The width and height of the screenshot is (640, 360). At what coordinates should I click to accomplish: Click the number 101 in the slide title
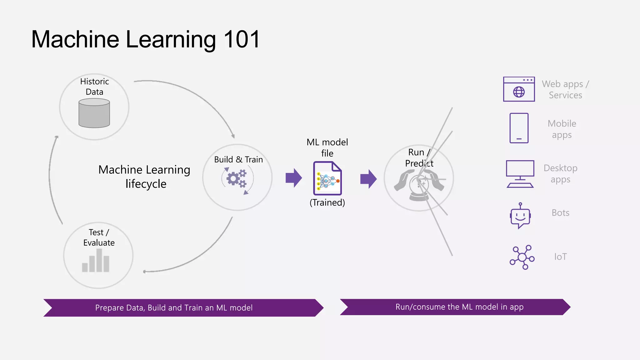tap(242, 39)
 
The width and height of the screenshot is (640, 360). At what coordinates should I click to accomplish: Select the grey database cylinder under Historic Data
tap(94, 113)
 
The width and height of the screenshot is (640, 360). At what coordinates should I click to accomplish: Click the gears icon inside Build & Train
tap(237, 179)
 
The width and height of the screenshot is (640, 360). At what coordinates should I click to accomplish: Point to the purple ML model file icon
tap(327, 178)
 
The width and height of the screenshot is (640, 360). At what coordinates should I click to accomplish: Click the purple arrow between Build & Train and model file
tap(293, 178)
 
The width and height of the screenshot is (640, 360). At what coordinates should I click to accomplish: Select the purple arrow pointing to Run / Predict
tap(368, 179)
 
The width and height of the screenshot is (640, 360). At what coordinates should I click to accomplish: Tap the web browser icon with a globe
tap(519, 89)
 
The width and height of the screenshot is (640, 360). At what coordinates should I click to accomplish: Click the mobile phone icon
tap(519, 128)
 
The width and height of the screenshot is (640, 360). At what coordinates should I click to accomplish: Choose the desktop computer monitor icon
tap(520, 174)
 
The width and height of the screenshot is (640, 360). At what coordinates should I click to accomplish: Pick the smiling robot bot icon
tap(520, 216)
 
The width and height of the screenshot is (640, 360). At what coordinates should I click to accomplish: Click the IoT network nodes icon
tap(522, 257)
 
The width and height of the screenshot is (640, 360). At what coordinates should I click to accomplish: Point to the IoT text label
tap(560, 257)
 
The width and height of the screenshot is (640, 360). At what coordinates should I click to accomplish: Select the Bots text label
tap(560, 213)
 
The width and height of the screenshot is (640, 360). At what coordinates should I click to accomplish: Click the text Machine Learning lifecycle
tap(144, 177)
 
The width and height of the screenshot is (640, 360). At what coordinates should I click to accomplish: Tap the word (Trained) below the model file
tap(327, 202)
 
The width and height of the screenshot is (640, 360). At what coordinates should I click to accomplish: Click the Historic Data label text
tap(94, 87)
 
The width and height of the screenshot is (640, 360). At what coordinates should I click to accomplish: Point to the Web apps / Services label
tap(565, 89)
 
